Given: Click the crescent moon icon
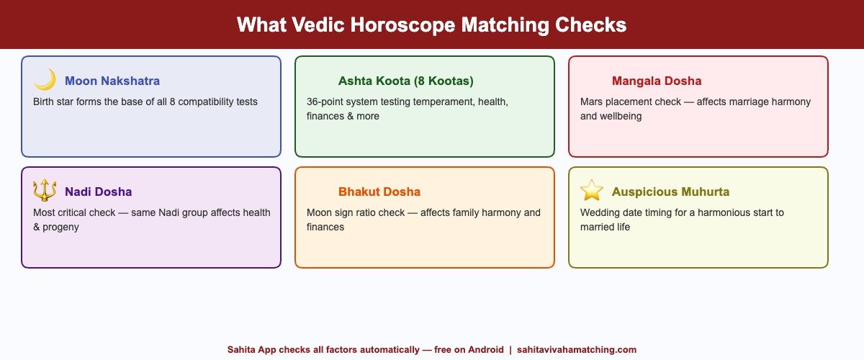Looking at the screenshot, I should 45,80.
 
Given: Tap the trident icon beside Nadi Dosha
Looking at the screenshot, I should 45,191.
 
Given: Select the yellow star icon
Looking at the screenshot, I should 592,191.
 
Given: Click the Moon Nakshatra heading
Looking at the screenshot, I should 112,81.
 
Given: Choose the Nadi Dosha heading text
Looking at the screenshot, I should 98,192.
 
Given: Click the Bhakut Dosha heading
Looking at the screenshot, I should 379,192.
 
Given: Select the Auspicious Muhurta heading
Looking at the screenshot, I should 670,192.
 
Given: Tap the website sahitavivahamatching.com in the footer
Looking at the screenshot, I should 577,349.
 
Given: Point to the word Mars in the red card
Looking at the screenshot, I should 593,102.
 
